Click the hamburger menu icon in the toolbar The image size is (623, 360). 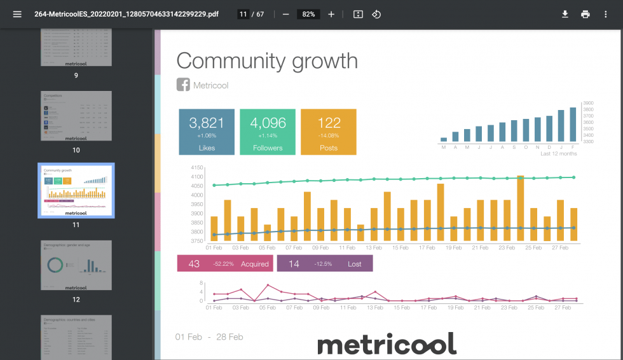tap(17, 14)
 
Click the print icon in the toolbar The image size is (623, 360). tap(585, 14)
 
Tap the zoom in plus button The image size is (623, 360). tap(331, 14)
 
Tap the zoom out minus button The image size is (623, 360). tap(285, 14)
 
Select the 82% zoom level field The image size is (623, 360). tap(308, 14)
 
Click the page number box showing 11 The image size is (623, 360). tap(243, 14)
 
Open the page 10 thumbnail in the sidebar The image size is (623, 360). tap(76, 116)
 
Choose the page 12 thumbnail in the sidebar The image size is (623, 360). tap(76, 265)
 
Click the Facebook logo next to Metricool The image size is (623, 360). tap(183, 85)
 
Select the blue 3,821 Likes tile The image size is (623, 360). tap(207, 132)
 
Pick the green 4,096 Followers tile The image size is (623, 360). tap(268, 132)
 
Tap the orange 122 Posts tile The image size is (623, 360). tap(329, 132)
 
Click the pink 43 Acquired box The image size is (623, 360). tap(225, 263)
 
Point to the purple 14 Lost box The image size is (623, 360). tap(325, 263)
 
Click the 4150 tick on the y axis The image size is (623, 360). tap(196, 167)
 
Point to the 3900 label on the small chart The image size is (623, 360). tap(588, 102)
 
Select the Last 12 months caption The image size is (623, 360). tap(558, 154)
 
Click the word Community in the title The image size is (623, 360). tap(231, 61)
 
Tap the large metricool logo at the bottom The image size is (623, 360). tap(387, 344)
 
